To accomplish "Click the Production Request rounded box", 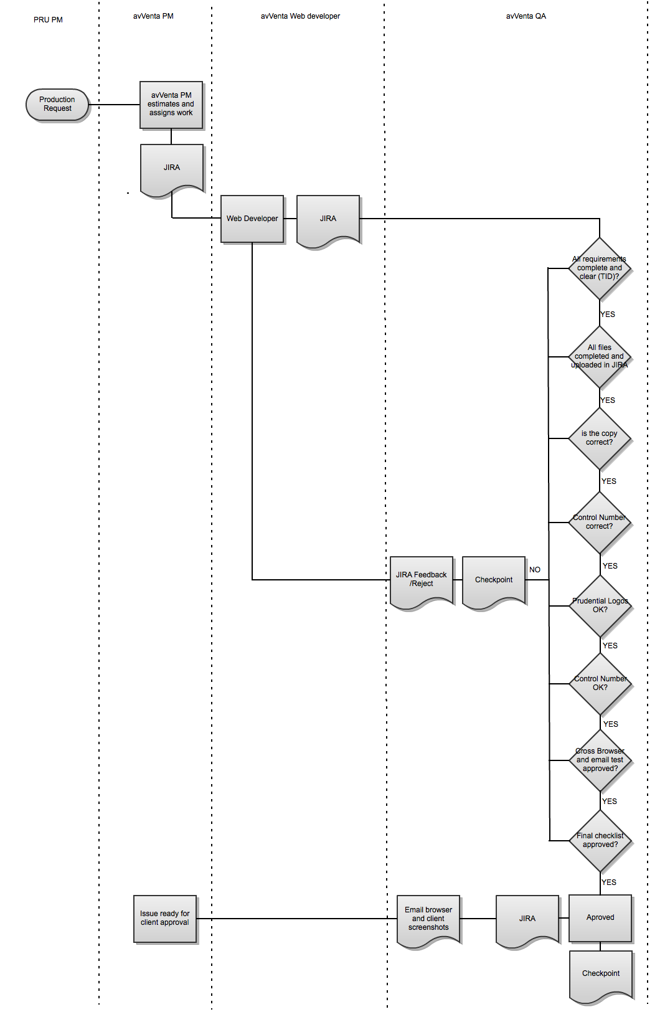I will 57,105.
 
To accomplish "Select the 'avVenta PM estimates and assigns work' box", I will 171,105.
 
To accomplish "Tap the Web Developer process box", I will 252,219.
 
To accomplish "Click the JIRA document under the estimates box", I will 172,168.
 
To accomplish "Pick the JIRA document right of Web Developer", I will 328,219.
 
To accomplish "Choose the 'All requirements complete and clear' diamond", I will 600,268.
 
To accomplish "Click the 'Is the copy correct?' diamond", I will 600,438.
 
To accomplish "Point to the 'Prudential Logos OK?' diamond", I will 600,605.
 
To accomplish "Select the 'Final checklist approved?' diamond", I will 600,840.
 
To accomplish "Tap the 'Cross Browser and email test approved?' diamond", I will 600,760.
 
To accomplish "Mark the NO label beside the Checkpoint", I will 535,570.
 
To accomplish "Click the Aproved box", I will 600,918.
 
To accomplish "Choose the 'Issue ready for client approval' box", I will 165,919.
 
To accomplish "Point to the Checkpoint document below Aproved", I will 601,973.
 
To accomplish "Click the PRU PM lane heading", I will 48,20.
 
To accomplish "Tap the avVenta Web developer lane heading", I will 300,16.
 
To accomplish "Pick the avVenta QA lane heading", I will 526,16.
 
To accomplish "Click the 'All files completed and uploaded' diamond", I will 600,357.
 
